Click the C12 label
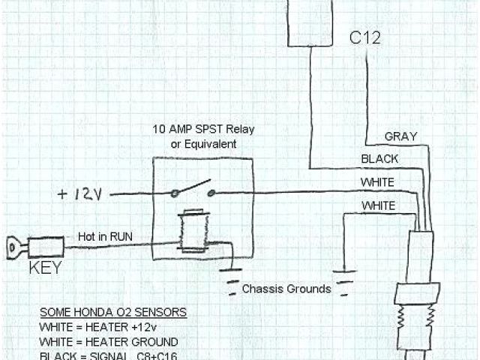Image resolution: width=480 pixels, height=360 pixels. (364, 37)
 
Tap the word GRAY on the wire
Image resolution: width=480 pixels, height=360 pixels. (400, 136)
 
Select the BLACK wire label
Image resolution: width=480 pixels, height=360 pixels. (379, 159)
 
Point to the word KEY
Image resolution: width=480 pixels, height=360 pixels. (45, 266)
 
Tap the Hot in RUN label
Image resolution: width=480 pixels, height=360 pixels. (106, 236)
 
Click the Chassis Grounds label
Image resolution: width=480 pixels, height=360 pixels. (286, 288)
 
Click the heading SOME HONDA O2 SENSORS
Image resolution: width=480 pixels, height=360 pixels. (114, 311)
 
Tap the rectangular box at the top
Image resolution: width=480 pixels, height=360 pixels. (310, 22)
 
